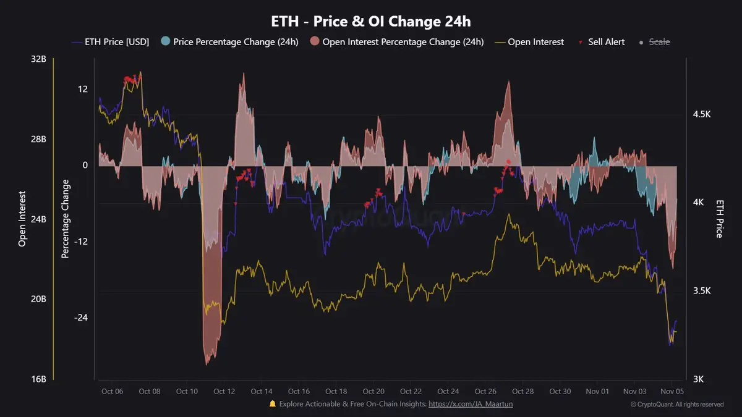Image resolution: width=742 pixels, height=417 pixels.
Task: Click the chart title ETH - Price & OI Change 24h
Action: pos(371,21)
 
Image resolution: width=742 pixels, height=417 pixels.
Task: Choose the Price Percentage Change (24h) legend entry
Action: pos(229,42)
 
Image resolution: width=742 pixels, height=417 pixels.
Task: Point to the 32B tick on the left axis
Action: pos(38,59)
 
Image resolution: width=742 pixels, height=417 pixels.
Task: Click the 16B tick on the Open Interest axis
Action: pos(38,379)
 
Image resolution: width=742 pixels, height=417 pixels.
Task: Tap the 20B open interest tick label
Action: pos(38,299)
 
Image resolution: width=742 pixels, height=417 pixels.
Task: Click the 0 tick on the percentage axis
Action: pos(85,165)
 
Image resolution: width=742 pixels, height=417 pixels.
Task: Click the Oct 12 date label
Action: pos(224,392)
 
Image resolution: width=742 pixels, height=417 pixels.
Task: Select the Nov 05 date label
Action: pos(672,392)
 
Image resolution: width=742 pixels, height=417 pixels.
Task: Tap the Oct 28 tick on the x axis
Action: pos(522,392)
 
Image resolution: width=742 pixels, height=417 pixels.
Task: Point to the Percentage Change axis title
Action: pos(66,219)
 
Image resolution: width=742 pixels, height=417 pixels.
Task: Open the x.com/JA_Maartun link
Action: pos(471,404)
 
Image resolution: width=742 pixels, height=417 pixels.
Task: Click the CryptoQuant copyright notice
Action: pos(676,405)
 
